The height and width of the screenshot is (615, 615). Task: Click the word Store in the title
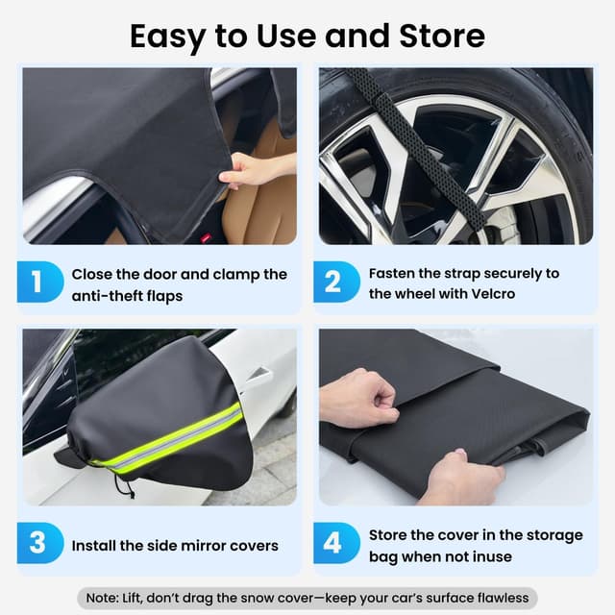tap(438, 36)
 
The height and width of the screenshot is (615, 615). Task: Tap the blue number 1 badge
tap(37, 283)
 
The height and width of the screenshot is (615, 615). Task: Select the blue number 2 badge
tap(332, 283)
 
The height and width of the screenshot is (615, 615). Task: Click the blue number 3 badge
tap(37, 544)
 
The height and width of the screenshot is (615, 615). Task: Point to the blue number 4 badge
tap(332, 544)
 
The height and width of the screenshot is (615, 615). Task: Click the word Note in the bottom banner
tap(101, 597)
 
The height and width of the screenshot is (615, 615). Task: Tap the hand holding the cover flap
tap(252, 171)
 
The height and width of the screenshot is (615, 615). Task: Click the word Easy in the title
tap(166, 36)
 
